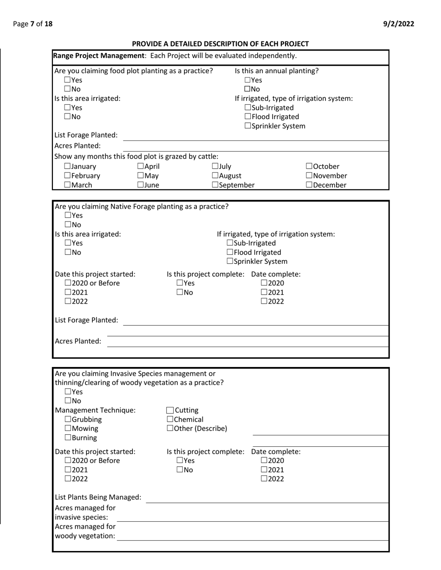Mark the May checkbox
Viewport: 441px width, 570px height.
tap(141, 176)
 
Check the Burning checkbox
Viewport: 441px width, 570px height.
tap(68, 438)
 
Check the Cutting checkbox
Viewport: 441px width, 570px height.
tap(170, 411)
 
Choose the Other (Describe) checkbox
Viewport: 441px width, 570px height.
tap(170, 429)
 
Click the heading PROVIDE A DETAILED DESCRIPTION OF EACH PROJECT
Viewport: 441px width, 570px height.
tap(220, 44)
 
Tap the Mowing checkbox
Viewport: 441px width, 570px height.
tap(68, 429)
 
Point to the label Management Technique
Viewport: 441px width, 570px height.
tap(95, 410)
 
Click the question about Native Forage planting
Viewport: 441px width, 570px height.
tap(142, 207)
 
